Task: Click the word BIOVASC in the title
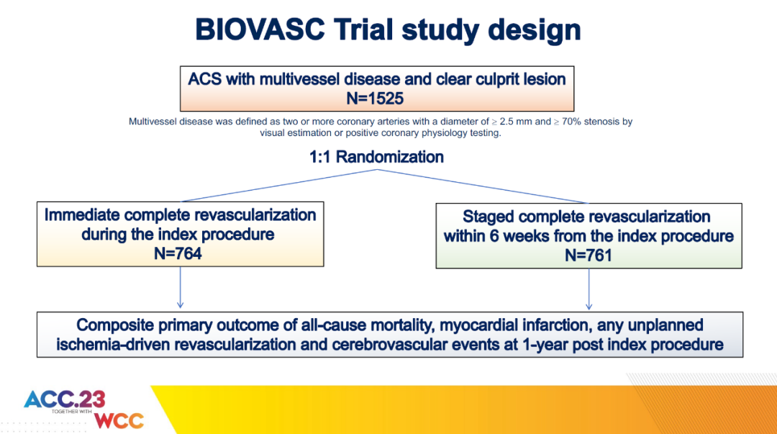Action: pyautogui.click(x=260, y=30)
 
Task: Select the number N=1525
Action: pyautogui.click(x=375, y=98)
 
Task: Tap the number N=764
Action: pyautogui.click(x=178, y=253)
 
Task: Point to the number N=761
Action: pyautogui.click(x=589, y=256)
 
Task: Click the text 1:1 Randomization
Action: pyautogui.click(x=376, y=157)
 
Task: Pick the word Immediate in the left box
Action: pyautogui.click(x=82, y=214)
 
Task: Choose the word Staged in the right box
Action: pyautogui.click(x=487, y=217)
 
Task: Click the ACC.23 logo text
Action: pyautogui.click(x=65, y=399)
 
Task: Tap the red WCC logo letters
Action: pyautogui.click(x=119, y=420)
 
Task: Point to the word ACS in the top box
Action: pyautogui.click(x=204, y=79)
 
